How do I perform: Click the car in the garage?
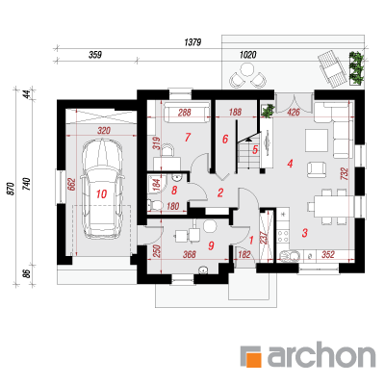pyautogui.click(x=102, y=189)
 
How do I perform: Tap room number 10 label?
pyautogui.click(x=101, y=194)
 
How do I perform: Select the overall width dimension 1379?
pyautogui.click(x=192, y=42)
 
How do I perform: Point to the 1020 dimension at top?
pyautogui.click(x=248, y=55)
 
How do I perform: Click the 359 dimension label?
pyautogui.click(x=95, y=55)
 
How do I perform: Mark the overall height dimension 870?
pyautogui.click(x=11, y=189)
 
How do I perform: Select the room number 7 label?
pyautogui.click(x=188, y=138)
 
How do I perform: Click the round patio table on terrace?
pyautogui.click(x=247, y=69)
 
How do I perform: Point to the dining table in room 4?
pyautogui.click(x=331, y=206)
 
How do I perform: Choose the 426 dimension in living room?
pyautogui.click(x=294, y=112)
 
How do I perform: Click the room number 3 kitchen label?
pyautogui.click(x=305, y=233)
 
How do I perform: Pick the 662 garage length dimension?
pyautogui.click(x=71, y=185)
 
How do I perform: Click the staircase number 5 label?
pyautogui.click(x=255, y=149)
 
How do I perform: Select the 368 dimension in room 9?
pyautogui.click(x=190, y=254)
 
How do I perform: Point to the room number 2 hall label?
pyautogui.click(x=220, y=192)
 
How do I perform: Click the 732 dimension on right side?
pyautogui.click(x=346, y=174)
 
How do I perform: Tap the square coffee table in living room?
pyautogui.click(x=317, y=141)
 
